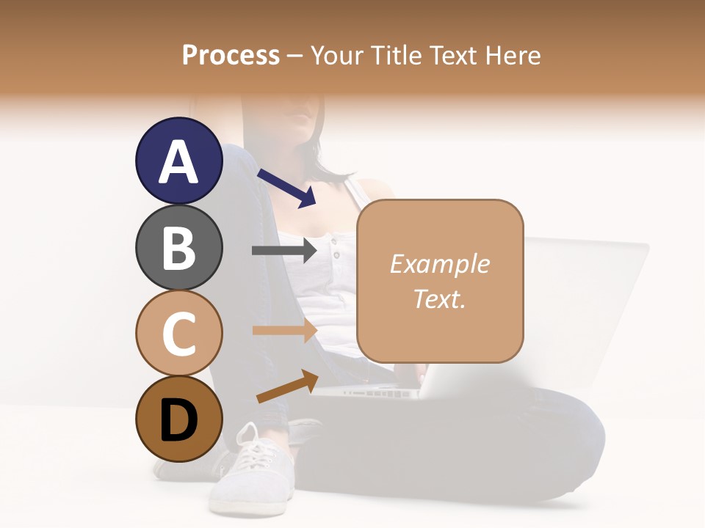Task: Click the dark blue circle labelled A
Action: point(178,161)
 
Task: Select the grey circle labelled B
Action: point(178,247)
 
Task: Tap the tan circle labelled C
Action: point(178,333)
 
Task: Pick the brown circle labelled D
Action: point(178,419)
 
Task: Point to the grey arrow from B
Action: point(284,251)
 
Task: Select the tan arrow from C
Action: point(284,331)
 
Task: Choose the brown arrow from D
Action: point(287,386)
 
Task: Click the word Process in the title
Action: point(231,55)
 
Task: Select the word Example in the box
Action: point(439,264)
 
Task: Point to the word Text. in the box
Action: point(439,298)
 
